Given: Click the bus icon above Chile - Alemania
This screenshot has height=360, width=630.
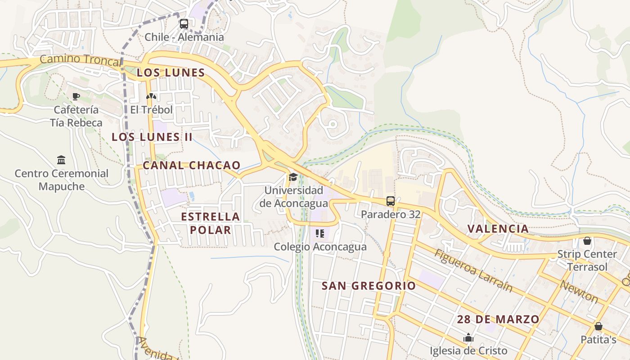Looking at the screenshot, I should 184,24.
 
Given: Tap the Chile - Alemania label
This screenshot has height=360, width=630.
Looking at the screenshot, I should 184,37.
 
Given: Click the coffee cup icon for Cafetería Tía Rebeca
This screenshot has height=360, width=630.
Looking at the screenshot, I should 76,96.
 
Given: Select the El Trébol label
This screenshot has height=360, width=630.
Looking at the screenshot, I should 152,109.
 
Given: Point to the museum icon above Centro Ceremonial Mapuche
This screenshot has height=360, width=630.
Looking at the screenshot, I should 61,160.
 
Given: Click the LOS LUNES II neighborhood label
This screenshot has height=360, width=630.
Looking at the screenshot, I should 152,137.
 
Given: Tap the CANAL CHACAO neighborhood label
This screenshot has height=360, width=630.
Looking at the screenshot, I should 192,165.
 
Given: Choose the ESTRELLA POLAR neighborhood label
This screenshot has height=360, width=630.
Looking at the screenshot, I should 210,223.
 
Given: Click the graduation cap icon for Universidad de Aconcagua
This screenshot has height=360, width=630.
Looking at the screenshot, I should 293,176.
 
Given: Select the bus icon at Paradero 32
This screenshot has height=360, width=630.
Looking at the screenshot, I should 391,201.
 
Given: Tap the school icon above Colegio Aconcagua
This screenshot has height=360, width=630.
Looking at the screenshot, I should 320,233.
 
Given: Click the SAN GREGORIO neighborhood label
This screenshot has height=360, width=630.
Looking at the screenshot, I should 369,285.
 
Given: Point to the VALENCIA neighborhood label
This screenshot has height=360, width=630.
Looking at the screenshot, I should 498,228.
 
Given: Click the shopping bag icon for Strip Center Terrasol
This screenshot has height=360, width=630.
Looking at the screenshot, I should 587,241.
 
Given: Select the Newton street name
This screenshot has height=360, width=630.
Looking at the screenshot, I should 579,292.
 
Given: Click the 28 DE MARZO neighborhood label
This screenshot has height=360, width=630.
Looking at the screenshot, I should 498,319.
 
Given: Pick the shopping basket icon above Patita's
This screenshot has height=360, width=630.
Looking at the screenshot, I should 598,326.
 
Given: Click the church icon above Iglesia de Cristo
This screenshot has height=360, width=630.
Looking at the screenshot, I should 468,337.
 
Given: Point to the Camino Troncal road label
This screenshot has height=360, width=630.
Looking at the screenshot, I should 80,59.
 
